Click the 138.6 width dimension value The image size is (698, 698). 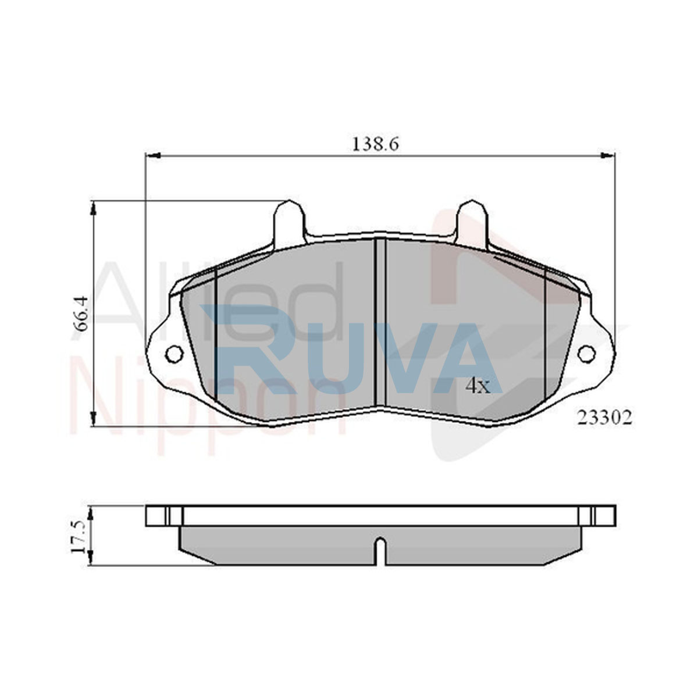[376, 144]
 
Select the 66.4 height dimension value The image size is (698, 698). [81, 314]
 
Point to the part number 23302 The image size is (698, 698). [604, 418]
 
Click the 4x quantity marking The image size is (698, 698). [478, 387]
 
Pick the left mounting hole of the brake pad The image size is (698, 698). [174, 353]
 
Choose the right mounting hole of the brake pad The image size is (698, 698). [586, 353]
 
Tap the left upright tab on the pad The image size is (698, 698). [289, 223]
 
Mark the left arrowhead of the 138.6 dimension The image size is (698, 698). [152, 155]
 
